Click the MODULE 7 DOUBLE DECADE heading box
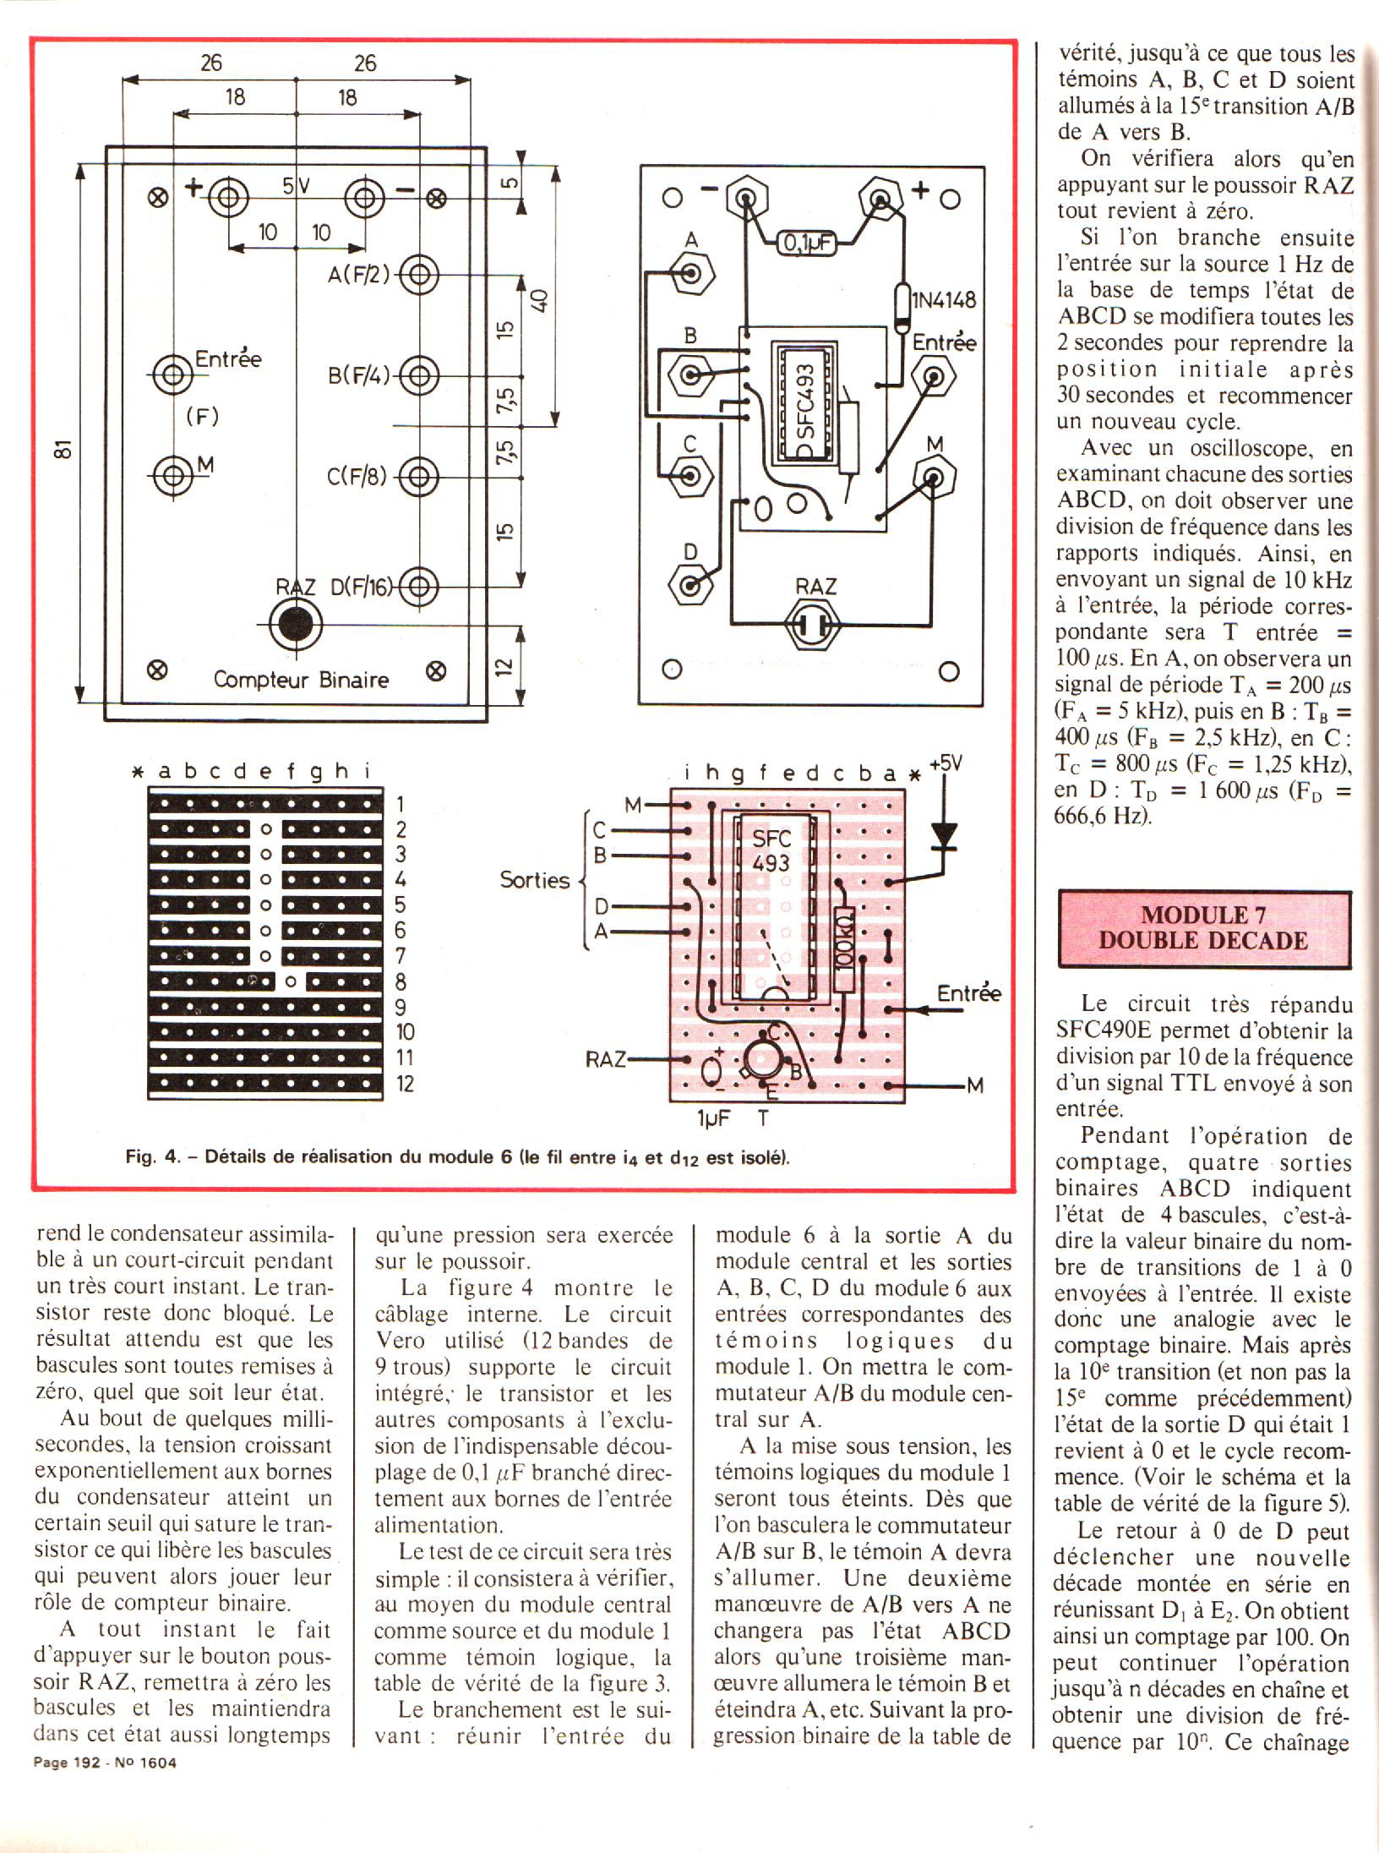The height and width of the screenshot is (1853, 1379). tap(1203, 928)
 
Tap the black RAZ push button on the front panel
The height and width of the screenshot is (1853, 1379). tap(296, 625)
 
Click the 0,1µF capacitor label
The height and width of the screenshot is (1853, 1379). tap(805, 243)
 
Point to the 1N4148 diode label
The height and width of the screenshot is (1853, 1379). tap(943, 300)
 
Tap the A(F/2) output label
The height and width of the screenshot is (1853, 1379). tap(359, 275)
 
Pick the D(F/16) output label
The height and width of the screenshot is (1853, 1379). tap(361, 587)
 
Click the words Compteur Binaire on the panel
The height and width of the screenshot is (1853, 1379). tap(301, 680)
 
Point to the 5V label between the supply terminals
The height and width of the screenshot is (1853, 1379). tap(297, 186)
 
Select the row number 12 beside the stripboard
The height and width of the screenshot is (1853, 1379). tap(406, 1084)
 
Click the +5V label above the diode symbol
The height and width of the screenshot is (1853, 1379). tap(946, 763)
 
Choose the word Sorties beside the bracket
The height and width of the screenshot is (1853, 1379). tap(534, 880)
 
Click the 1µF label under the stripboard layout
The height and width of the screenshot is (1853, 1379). tap(713, 1118)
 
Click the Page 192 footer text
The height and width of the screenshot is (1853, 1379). tap(66, 1763)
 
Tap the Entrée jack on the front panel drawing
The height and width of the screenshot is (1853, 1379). tap(173, 374)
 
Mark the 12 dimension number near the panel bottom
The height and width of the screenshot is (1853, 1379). tap(504, 667)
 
